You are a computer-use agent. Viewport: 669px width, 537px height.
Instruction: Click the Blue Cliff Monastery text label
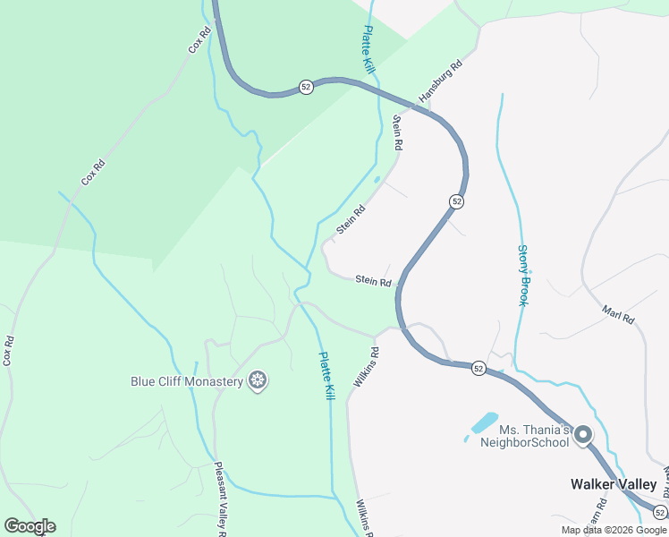click(187, 381)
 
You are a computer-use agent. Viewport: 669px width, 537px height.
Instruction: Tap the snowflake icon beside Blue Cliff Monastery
click(258, 382)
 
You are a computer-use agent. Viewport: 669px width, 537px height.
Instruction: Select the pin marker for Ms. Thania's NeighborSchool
click(583, 436)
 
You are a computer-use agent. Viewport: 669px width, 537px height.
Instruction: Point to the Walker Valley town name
click(614, 484)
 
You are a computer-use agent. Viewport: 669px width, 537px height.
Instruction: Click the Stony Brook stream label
click(523, 276)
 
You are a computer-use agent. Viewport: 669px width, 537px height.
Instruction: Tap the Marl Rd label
click(618, 314)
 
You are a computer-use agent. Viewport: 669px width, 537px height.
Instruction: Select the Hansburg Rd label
click(442, 80)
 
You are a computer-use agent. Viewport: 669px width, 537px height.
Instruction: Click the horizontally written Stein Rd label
click(373, 281)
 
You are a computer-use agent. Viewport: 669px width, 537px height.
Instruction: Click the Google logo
click(30, 526)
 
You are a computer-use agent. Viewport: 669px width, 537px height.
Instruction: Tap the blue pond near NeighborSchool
click(484, 421)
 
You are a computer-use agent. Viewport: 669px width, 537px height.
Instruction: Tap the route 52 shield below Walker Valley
click(659, 512)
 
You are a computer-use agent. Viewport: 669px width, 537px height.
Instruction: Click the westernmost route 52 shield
click(306, 87)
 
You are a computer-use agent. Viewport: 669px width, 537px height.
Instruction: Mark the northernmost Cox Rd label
click(199, 39)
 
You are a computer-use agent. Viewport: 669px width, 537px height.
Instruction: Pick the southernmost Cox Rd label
click(8, 351)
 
